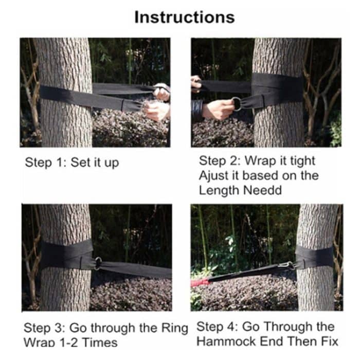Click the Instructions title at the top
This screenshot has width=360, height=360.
click(x=184, y=16)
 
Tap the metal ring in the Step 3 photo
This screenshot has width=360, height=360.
click(x=98, y=263)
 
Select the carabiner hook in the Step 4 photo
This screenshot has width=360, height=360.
click(x=284, y=266)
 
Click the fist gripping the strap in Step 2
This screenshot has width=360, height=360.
click(x=220, y=109)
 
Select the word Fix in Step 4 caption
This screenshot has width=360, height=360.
click(x=330, y=340)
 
